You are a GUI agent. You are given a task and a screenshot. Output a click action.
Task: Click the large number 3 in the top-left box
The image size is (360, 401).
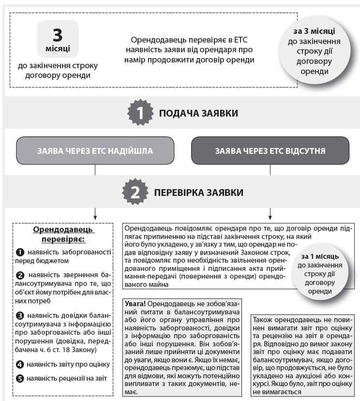click(x=58, y=35)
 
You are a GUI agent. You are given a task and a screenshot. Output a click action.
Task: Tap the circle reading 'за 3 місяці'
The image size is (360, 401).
click(x=315, y=51)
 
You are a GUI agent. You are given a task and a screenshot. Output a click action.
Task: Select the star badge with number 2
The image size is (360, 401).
click(x=135, y=192)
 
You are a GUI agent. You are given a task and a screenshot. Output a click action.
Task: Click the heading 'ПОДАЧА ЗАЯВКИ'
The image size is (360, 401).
click(x=199, y=114)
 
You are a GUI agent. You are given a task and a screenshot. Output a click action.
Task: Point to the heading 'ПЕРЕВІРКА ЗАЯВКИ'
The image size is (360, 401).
click(x=199, y=193)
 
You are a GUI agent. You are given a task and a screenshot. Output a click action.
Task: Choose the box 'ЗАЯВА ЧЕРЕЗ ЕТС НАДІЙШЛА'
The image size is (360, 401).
click(x=95, y=151)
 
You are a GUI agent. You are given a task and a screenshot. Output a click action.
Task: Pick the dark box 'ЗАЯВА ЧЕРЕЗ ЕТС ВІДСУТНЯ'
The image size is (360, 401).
click(x=270, y=151)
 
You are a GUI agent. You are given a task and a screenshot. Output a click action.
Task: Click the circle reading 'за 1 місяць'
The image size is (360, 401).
click(x=320, y=274)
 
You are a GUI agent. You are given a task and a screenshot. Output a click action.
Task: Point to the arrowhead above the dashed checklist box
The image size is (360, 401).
click(x=95, y=216)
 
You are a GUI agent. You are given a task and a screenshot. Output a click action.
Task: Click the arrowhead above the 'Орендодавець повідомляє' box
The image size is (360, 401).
click(x=270, y=216)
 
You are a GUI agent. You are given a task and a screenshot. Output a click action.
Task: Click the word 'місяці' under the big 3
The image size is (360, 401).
click(x=58, y=49)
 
